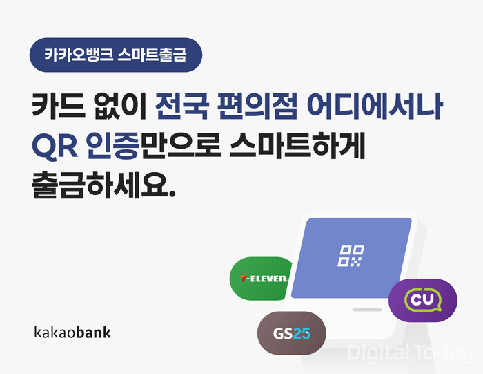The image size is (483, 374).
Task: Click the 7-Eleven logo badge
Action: (x=262, y=279)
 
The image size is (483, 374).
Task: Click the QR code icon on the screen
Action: (x=351, y=255)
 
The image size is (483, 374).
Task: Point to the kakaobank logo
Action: (x=72, y=332)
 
